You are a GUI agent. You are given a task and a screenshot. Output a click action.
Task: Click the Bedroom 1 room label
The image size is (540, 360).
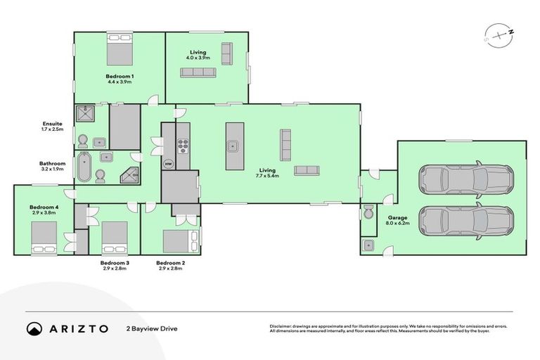(x=120, y=76)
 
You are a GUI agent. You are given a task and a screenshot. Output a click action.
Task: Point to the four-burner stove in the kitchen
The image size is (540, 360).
(x=183, y=146)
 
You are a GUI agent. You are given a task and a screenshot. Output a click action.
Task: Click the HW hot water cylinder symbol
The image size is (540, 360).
(x=169, y=164)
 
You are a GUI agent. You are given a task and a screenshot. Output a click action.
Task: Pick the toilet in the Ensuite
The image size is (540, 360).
(x=83, y=139)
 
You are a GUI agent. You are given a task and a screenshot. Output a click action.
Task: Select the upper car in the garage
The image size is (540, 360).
(x=465, y=179)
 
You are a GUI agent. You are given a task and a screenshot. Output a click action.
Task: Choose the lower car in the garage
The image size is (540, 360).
(x=465, y=220)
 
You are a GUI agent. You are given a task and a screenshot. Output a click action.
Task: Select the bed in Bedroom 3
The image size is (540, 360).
(x=115, y=238)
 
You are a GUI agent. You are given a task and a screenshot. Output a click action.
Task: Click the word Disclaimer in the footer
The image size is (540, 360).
(x=283, y=326)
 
